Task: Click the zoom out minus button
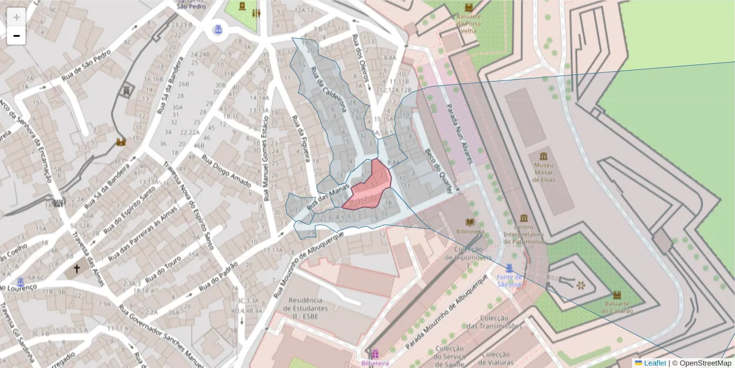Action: (16, 36)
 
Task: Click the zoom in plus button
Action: (16, 17)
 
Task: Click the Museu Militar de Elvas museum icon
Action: (543, 156)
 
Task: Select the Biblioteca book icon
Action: (470, 221)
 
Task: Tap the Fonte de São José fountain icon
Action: (509, 267)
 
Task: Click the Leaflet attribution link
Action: (654, 363)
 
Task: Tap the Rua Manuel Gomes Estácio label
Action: (266, 156)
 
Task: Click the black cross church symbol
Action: (77, 269)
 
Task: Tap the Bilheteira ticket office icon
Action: (374, 353)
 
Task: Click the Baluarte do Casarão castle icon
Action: (617, 295)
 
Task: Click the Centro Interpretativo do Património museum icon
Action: (524, 218)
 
